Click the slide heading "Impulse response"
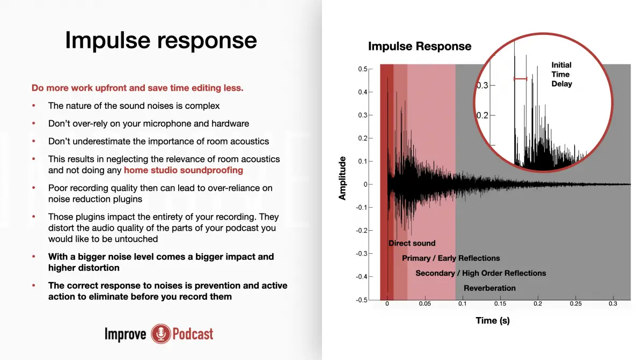tap(161, 40)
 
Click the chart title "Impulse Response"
tap(420, 47)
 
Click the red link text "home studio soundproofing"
tap(183, 170)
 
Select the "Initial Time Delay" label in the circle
tap(561, 75)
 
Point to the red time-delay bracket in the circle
tap(520, 79)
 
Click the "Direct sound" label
tap(412, 243)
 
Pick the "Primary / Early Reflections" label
tap(451, 258)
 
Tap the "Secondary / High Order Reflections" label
tap(480, 273)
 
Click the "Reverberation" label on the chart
tap(489, 288)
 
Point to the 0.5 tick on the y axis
tap(363, 69)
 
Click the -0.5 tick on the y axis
tap(362, 300)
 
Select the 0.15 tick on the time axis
tap(500, 304)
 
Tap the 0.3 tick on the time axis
tap(613, 304)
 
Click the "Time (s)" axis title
tap(493, 321)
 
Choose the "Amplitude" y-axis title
tap(342, 179)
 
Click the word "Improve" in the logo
tap(125, 334)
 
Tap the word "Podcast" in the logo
tap(193, 334)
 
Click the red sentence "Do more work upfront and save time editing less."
tap(137, 88)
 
